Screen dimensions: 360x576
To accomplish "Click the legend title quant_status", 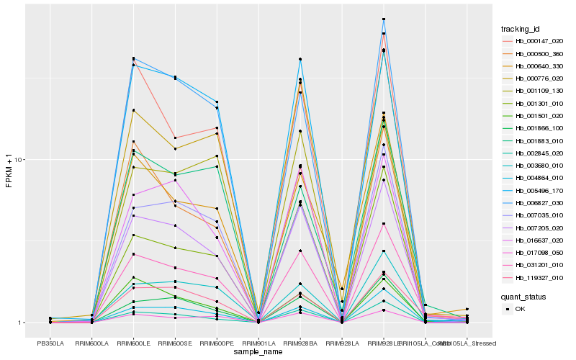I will coord(524,296).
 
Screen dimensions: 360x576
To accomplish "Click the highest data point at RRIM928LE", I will coord(384,19).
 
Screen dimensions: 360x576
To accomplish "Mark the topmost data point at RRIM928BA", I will coord(300,59).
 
